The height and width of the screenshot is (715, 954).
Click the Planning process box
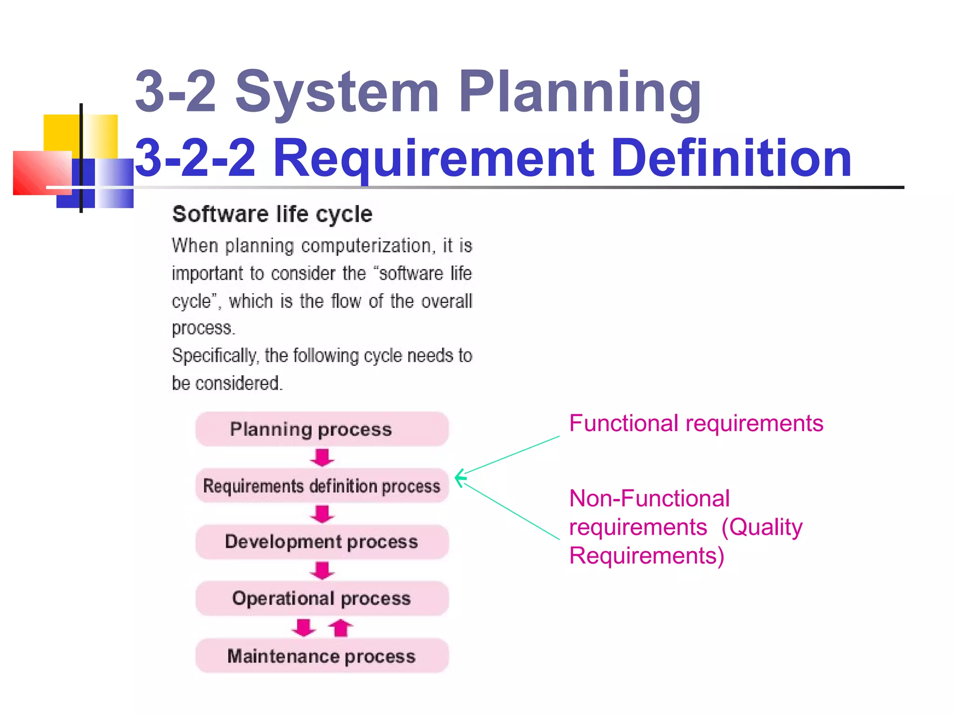(322, 429)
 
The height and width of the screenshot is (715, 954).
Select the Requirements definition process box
(322, 486)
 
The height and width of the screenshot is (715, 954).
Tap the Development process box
(322, 542)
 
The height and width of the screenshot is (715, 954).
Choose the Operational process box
(322, 599)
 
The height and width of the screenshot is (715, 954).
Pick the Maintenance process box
(322, 656)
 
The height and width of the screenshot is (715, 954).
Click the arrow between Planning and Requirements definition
(322, 457)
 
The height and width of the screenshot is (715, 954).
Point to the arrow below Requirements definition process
(322, 514)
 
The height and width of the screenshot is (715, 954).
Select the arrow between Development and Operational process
(322, 570)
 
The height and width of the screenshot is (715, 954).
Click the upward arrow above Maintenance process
(341, 627)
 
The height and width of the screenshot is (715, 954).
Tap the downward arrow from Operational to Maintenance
(304, 627)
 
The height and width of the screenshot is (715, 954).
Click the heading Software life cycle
(272, 215)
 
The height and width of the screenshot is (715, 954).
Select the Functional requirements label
(696, 424)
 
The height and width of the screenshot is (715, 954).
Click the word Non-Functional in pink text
(649, 499)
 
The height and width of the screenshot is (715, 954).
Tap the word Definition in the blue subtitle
(731, 158)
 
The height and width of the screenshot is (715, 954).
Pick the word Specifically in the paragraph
(215, 356)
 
